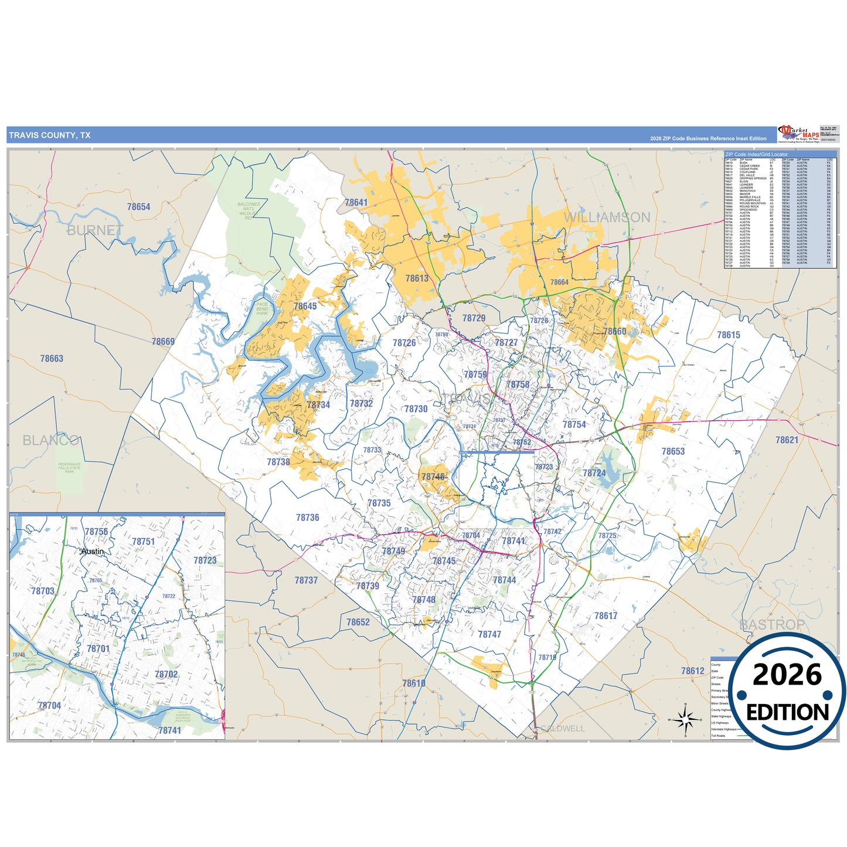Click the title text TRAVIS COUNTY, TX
[50, 135]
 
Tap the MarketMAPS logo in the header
[798, 134]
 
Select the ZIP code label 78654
[138, 207]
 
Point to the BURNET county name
[95, 230]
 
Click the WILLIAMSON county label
[607, 217]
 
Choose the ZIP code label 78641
[356, 203]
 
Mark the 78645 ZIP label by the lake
[305, 307]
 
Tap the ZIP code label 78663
[52, 359]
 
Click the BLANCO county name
[51, 440]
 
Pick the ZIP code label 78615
[729, 335]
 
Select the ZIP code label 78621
[787, 440]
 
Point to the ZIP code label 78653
[673, 451]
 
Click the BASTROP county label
[772, 625]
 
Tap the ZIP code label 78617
[606, 616]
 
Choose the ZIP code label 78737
[306, 580]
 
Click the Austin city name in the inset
[93, 552]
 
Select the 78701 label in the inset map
[98, 649]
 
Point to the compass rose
[685, 719]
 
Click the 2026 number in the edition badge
[787, 675]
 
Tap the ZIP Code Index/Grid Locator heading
[756, 155]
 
